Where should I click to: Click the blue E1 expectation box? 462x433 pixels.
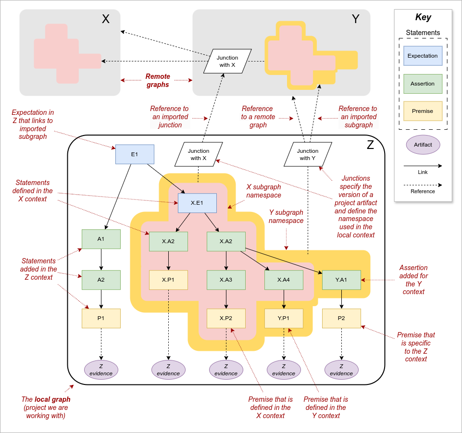tap(135, 154)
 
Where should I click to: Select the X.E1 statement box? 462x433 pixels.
tap(197, 203)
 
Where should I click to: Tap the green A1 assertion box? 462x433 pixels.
tap(101, 239)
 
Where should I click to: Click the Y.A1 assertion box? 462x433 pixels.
tap(341, 280)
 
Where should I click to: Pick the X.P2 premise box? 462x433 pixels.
tap(226, 318)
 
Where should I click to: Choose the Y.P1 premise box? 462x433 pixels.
tap(284, 318)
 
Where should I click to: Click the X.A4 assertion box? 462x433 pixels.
tap(284, 280)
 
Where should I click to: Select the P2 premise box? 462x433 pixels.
tap(341, 318)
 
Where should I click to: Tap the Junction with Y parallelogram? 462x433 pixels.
tap(308, 154)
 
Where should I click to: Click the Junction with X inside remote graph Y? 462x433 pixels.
tap(227, 61)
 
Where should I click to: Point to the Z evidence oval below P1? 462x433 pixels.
tap(101, 370)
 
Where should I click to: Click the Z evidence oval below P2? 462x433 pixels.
tap(341, 370)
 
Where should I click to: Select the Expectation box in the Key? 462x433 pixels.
tap(423, 56)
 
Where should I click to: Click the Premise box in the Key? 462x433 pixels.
tap(423, 111)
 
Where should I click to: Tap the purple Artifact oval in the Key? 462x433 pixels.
tap(423, 145)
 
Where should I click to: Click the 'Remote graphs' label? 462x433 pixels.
tap(158, 80)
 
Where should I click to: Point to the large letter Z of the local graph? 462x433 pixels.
tap(370, 145)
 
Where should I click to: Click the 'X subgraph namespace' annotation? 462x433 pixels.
tap(263, 191)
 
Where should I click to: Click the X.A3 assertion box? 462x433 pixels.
tap(226, 280)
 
